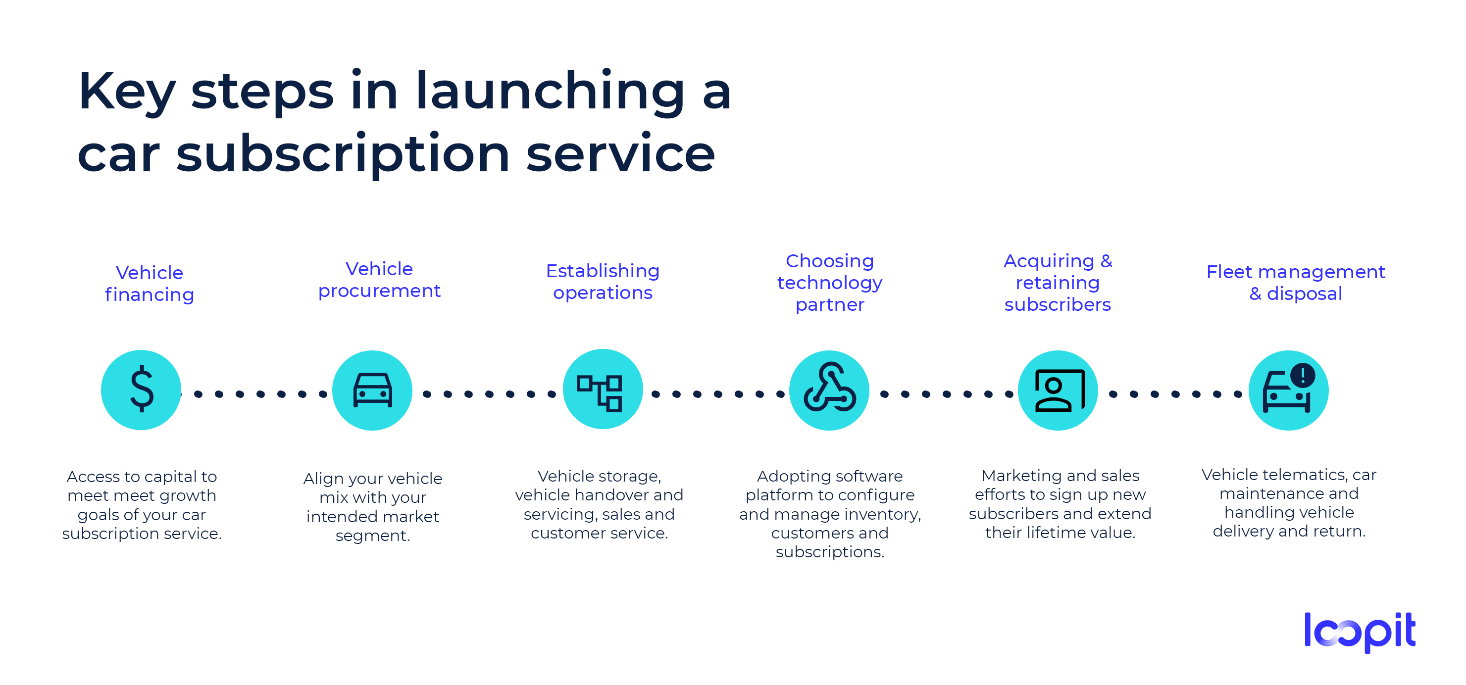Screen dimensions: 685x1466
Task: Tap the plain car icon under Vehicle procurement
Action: tap(372, 391)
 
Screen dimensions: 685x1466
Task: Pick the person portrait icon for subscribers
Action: tap(1058, 391)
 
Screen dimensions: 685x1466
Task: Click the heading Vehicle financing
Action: tap(150, 283)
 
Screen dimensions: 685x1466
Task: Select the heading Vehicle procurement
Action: tap(379, 279)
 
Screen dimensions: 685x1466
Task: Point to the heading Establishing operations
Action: tap(603, 281)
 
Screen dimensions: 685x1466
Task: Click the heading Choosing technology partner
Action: tap(830, 282)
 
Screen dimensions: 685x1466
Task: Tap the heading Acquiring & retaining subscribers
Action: tap(1058, 282)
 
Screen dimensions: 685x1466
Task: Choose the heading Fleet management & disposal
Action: tap(1295, 282)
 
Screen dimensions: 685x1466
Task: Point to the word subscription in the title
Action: tap(343, 155)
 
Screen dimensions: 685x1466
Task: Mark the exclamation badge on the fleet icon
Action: tap(1302, 375)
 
